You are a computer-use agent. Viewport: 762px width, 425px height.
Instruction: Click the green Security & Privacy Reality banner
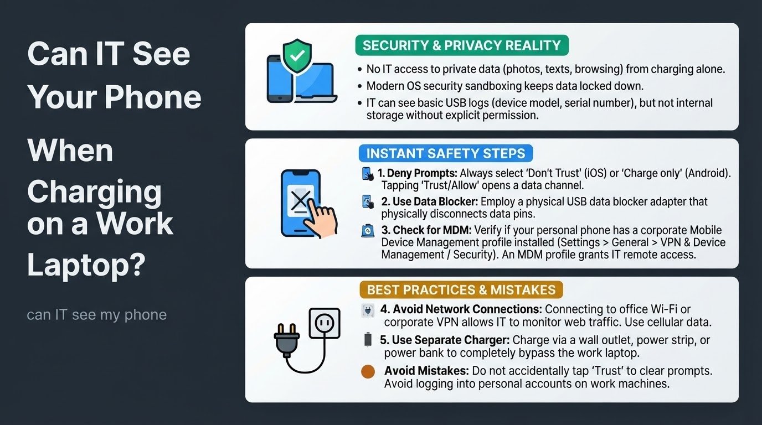[x=462, y=45]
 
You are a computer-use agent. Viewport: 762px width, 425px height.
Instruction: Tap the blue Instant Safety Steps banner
[x=446, y=153]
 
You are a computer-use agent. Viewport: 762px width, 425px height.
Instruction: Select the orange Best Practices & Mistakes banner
[x=461, y=289]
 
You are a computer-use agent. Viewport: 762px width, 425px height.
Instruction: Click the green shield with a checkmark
[x=297, y=56]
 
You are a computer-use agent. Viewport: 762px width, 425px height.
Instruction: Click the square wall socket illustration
[x=324, y=323]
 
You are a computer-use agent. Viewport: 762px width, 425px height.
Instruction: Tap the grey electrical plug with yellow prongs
[x=286, y=341]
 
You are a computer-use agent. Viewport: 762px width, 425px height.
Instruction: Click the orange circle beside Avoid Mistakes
[x=368, y=372]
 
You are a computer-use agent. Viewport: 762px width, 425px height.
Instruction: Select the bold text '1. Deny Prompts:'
[x=418, y=173]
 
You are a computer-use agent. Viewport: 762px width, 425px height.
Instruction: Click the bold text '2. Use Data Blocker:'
[x=430, y=201]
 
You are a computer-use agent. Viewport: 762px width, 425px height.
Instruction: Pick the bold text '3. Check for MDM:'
[x=426, y=230]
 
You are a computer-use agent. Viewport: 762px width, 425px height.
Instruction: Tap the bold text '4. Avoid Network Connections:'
[x=461, y=309]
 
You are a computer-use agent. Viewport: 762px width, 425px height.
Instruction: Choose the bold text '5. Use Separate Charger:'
[x=445, y=340]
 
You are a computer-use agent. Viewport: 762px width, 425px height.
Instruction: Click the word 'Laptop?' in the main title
[x=86, y=265]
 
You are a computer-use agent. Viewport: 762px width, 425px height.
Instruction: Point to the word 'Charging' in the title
[x=94, y=193]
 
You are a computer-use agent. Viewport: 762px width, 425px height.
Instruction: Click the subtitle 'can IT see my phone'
[x=96, y=315]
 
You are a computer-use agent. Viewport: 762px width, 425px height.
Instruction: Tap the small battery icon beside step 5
[x=368, y=339]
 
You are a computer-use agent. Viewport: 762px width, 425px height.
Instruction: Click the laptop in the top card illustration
[x=315, y=84]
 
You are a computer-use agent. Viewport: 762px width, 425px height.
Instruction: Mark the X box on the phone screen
[x=300, y=200]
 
